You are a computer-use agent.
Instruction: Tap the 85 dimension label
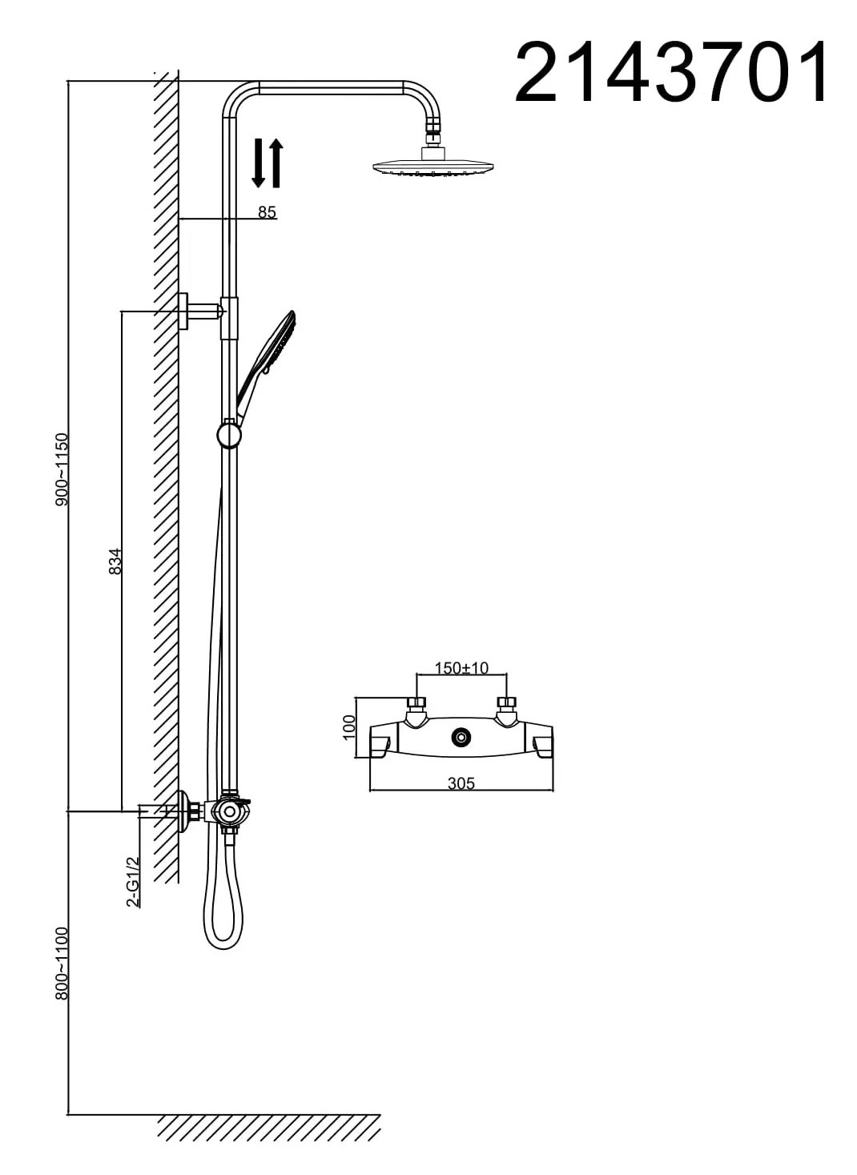pyautogui.click(x=267, y=212)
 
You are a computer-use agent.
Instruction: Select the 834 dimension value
pyautogui.click(x=115, y=561)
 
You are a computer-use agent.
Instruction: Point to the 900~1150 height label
pyautogui.click(x=62, y=469)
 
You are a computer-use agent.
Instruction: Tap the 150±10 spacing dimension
pyautogui.click(x=461, y=668)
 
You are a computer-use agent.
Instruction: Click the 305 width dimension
pyautogui.click(x=461, y=783)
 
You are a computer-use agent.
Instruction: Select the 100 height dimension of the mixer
pyautogui.click(x=348, y=727)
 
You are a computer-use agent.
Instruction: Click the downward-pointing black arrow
pyautogui.click(x=258, y=163)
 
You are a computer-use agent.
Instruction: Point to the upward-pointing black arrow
pyautogui.click(x=276, y=163)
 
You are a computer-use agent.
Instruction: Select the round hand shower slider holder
pyautogui.click(x=229, y=434)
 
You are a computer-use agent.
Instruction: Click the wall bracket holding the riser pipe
pyautogui.click(x=202, y=312)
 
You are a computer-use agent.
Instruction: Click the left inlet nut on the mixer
pyautogui.click(x=417, y=703)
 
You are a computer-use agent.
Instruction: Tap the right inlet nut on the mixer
pyautogui.click(x=507, y=703)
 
